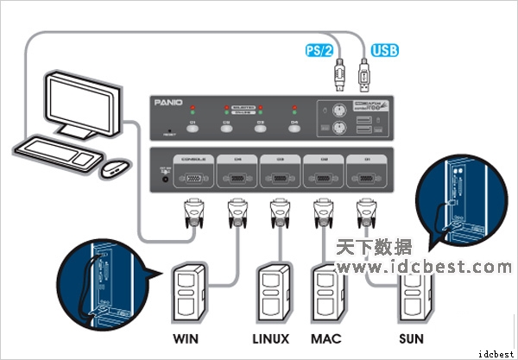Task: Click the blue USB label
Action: click(x=385, y=49)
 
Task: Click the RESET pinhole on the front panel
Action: click(x=170, y=131)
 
